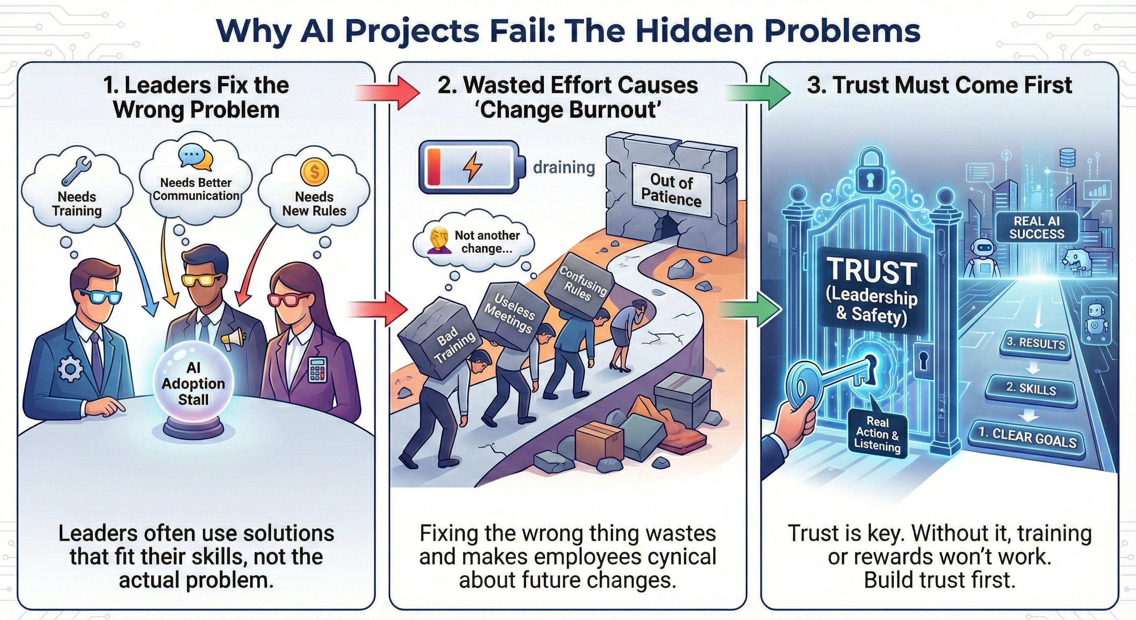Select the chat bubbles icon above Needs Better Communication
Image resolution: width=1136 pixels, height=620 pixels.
(196, 158)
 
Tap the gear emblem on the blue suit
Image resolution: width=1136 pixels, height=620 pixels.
(70, 369)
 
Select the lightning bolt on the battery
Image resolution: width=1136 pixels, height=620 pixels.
(472, 167)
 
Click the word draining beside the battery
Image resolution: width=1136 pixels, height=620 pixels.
(564, 168)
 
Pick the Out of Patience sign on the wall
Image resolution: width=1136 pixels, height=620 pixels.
(671, 189)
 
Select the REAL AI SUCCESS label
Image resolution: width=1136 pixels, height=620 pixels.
(1037, 227)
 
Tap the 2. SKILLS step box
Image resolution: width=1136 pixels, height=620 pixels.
(1031, 389)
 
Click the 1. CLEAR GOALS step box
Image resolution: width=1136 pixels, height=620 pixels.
(1027, 439)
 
